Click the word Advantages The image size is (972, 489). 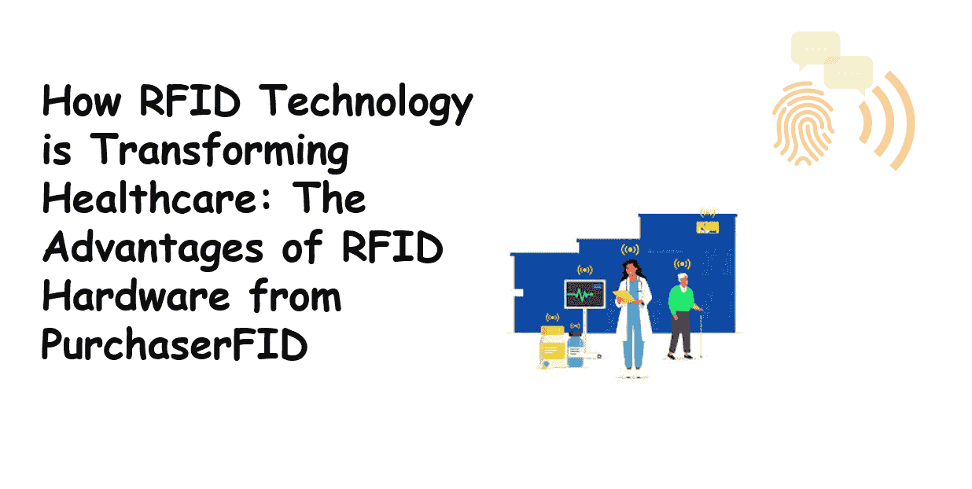(153, 248)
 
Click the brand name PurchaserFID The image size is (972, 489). (175, 344)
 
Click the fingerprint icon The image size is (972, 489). (804, 123)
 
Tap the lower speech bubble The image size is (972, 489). (849, 74)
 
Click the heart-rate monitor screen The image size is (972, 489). (585, 294)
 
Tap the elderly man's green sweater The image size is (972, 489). (680, 300)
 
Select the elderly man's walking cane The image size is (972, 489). (700, 333)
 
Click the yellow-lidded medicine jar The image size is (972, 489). (552, 348)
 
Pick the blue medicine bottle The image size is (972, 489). (576, 350)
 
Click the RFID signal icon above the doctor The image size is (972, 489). (630, 249)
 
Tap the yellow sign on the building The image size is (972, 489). (707, 227)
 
